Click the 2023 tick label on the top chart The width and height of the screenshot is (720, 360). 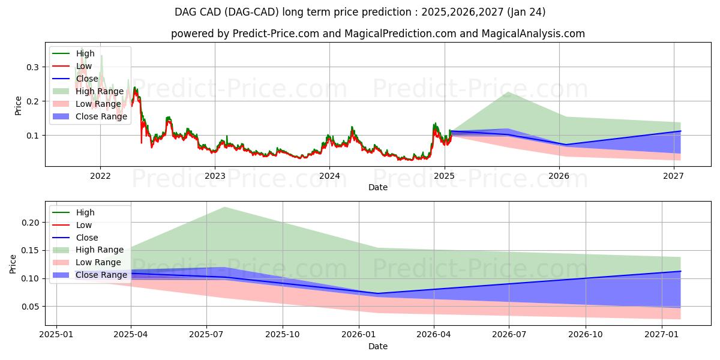(215, 176)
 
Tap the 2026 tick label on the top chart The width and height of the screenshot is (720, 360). (559, 176)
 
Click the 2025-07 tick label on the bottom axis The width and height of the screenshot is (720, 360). (206, 335)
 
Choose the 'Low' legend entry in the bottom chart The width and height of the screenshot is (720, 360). (84, 225)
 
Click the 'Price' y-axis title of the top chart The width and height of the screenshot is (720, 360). (18, 105)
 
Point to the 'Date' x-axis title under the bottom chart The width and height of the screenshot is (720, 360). (378, 346)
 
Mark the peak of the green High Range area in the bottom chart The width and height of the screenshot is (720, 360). (224, 208)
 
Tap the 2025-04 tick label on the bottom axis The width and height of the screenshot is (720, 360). (131, 335)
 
